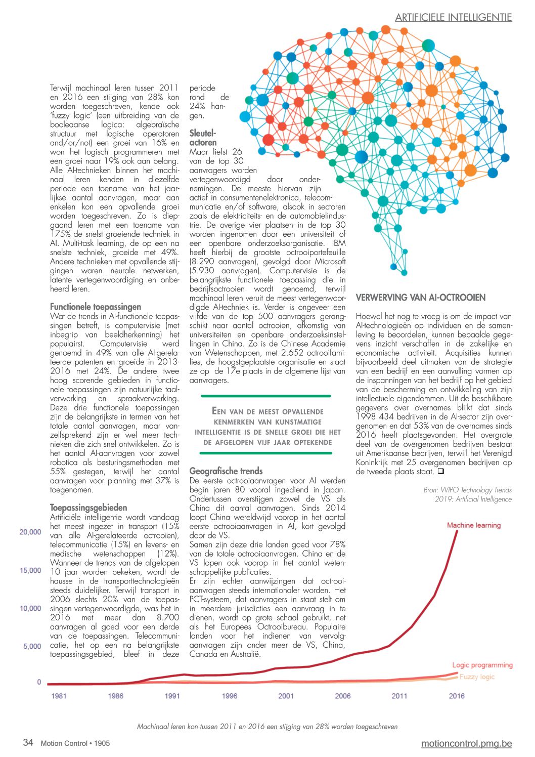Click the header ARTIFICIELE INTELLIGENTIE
[x=453, y=18]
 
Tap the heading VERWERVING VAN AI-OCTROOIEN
[x=420, y=298]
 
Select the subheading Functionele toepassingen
[x=96, y=307]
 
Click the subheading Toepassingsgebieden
[x=88, y=508]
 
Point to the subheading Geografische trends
[x=226, y=471]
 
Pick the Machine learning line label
[x=473, y=525]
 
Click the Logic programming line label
[x=482, y=665]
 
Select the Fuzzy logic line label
[x=477, y=677]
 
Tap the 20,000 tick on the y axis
[x=30, y=532]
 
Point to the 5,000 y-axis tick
[x=32, y=646]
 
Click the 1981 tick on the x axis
[x=59, y=696]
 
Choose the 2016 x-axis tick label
[x=457, y=696]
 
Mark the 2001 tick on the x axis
[x=286, y=696]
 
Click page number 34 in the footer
[x=28, y=742]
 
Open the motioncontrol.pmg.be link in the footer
[x=466, y=743]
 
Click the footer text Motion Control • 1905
[x=75, y=743]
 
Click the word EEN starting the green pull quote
[x=219, y=411]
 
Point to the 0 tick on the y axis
[x=39, y=682]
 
